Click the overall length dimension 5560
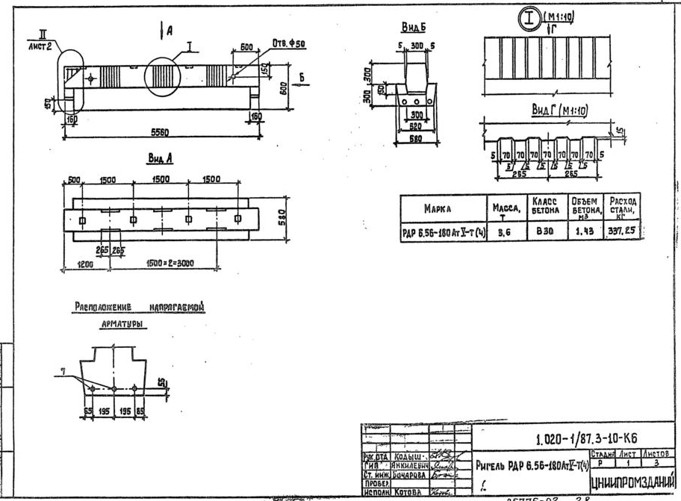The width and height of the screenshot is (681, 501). click(x=158, y=132)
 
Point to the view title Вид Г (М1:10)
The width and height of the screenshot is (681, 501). click(x=559, y=110)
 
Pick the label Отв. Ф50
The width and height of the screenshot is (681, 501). click(x=288, y=42)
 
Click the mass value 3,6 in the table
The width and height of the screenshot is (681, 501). click(x=506, y=231)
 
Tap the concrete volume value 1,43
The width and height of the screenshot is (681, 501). click(x=583, y=231)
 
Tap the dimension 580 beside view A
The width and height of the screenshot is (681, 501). click(x=282, y=217)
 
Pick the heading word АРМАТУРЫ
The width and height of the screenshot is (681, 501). click(x=123, y=325)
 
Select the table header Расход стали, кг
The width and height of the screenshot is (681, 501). click(x=623, y=207)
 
